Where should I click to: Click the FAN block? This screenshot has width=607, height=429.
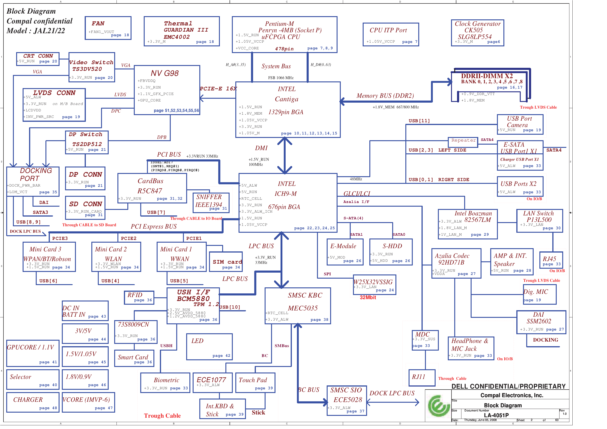tap(108, 28)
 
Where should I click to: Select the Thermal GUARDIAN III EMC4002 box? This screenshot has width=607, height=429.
tap(182, 31)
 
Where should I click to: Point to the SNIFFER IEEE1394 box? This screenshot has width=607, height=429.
tap(211, 203)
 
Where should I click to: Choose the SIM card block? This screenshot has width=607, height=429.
tap(226, 262)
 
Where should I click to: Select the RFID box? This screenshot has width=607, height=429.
tap(139, 297)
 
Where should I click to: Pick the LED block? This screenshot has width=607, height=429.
tap(209, 347)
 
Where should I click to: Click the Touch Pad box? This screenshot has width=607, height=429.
tap(255, 383)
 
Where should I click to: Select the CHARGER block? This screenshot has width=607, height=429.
tap(33, 402)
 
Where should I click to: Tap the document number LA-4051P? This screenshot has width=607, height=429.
tap(496, 415)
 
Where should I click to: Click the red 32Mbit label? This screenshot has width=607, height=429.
tap(368, 298)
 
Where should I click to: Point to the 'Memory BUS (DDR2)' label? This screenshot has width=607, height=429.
tap(385, 96)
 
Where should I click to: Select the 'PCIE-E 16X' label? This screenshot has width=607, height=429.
tap(218, 89)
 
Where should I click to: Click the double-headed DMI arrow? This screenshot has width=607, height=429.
tap(284, 156)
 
